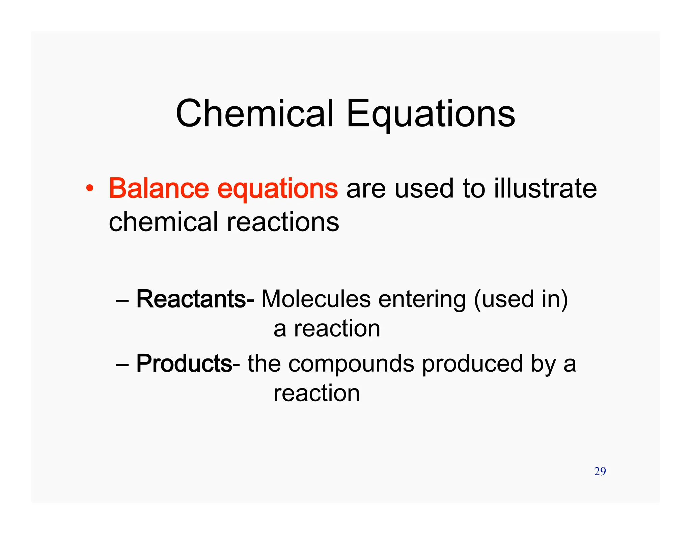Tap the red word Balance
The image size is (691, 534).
[x=159, y=188]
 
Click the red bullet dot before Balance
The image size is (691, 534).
[x=89, y=188]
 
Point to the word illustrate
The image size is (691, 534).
[x=545, y=188]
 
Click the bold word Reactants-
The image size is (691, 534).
[x=195, y=299]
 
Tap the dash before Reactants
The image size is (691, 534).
[x=122, y=300]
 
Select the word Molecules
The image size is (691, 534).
[x=316, y=299]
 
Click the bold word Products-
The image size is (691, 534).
[x=188, y=364]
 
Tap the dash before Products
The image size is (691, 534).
[x=122, y=365]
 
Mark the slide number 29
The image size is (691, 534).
[x=600, y=471]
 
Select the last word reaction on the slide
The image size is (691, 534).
[x=316, y=394]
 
